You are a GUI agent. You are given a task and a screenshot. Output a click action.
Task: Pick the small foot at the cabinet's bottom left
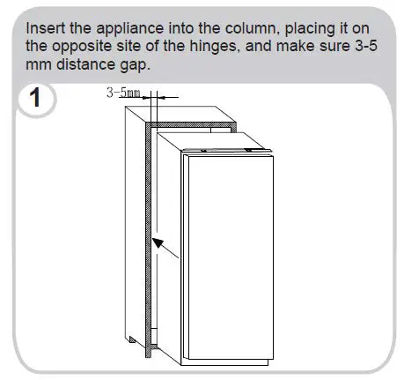(131, 340)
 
